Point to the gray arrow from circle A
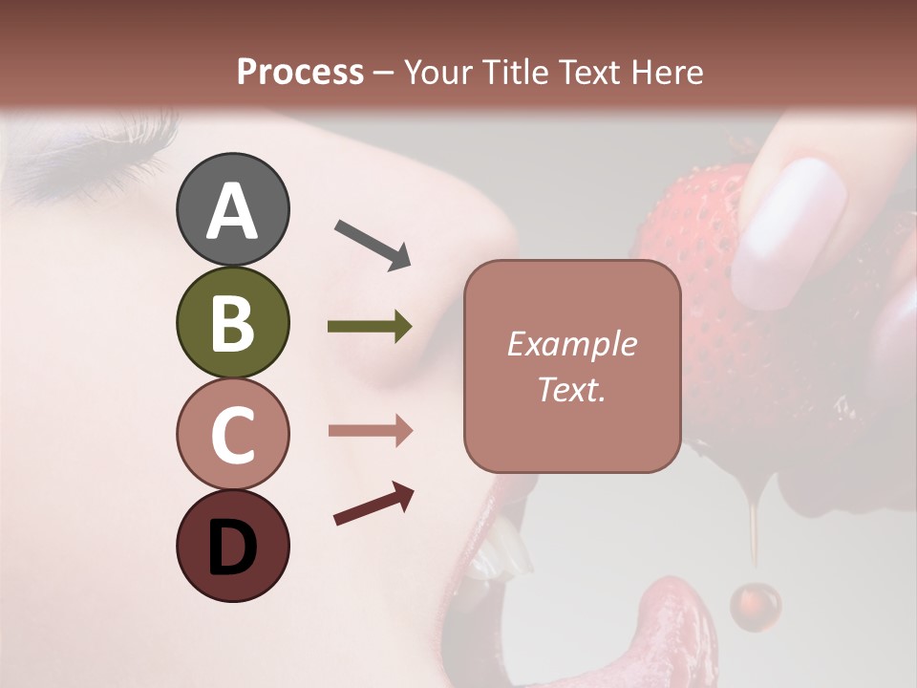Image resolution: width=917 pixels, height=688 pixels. pyautogui.click(x=373, y=245)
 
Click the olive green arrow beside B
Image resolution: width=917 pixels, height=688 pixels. pyautogui.click(x=370, y=327)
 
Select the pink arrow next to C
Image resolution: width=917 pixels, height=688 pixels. pyautogui.click(x=370, y=431)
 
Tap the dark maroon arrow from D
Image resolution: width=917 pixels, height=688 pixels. pyautogui.click(x=373, y=505)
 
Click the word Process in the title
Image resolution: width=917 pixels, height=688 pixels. pyautogui.click(x=300, y=72)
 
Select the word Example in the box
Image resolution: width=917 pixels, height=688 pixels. pyautogui.click(x=571, y=344)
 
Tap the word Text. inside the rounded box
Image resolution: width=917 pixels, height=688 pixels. pyautogui.click(x=571, y=389)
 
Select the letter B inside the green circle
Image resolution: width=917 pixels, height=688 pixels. pyautogui.click(x=232, y=322)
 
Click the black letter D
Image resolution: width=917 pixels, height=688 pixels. pyautogui.click(x=232, y=548)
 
